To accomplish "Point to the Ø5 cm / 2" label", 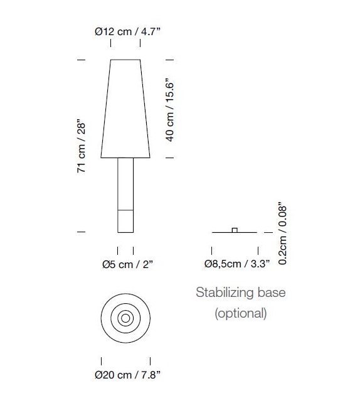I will pyautogui.click(x=127, y=264).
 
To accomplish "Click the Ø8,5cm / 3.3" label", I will pyautogui.click(x=236, y=264).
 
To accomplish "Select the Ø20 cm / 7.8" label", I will pyautogui.click(x=127, y=375).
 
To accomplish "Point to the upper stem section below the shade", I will pyautogui.click(x=125, y=182).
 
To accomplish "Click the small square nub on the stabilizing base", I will pyautogui.click(x=235, y=230).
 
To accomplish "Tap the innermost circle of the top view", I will pyautogui.click(x=125, y=319).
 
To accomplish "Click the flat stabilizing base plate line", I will pyautogui.click(x=220, y=233).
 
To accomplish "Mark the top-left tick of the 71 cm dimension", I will pyautogui.click(x=80, y=60).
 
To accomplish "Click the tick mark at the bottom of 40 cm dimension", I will pyautogui.click(x=169, y=158).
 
